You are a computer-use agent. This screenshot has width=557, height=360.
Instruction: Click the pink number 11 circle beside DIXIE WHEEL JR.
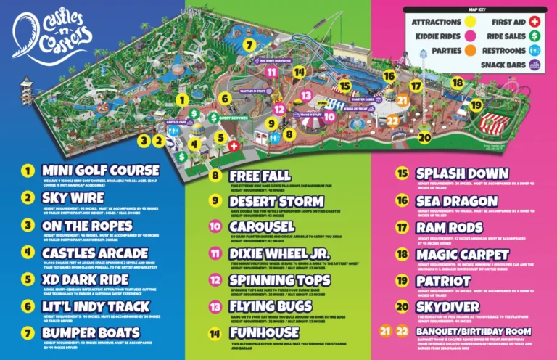[215, 253]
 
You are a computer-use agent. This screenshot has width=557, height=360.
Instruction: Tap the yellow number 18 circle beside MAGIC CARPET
[403, 254]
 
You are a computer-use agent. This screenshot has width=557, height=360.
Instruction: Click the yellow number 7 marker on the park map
[249, 44]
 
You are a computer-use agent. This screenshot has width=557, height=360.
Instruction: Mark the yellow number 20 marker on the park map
[425, 136]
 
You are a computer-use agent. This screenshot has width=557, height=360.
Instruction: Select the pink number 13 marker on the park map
[306, 95]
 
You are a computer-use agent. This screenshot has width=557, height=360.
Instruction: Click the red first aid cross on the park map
[234, 145]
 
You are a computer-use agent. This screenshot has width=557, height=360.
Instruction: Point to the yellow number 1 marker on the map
[182, 99]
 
